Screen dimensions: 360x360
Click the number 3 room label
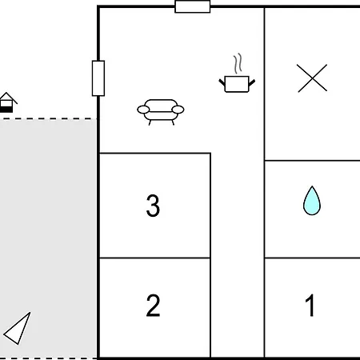tap(153, 206)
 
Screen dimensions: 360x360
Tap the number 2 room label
tap(153, 306)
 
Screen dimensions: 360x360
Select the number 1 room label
tap(310, 306)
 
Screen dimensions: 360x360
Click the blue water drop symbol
tap(312, 201)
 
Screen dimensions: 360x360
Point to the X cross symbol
tap(312, 78)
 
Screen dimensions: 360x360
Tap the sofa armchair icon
tap(161, 112)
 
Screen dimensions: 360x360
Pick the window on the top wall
tap(193, 6)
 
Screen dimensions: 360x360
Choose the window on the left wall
tap(98, 78)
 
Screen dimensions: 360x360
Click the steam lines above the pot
tap(238, 63)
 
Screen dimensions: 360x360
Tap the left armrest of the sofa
tap(143, 110)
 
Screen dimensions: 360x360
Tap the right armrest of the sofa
tap(178, 110)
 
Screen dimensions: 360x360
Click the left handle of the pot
tap(222, 82)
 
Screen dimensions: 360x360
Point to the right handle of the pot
tap(252, 82)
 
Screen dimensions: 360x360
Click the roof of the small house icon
tap(8, 97)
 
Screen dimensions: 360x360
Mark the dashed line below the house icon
tap(48, 119)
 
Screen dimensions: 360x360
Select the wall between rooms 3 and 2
tap(154, 258)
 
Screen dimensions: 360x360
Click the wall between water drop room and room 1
tap(313, 258)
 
